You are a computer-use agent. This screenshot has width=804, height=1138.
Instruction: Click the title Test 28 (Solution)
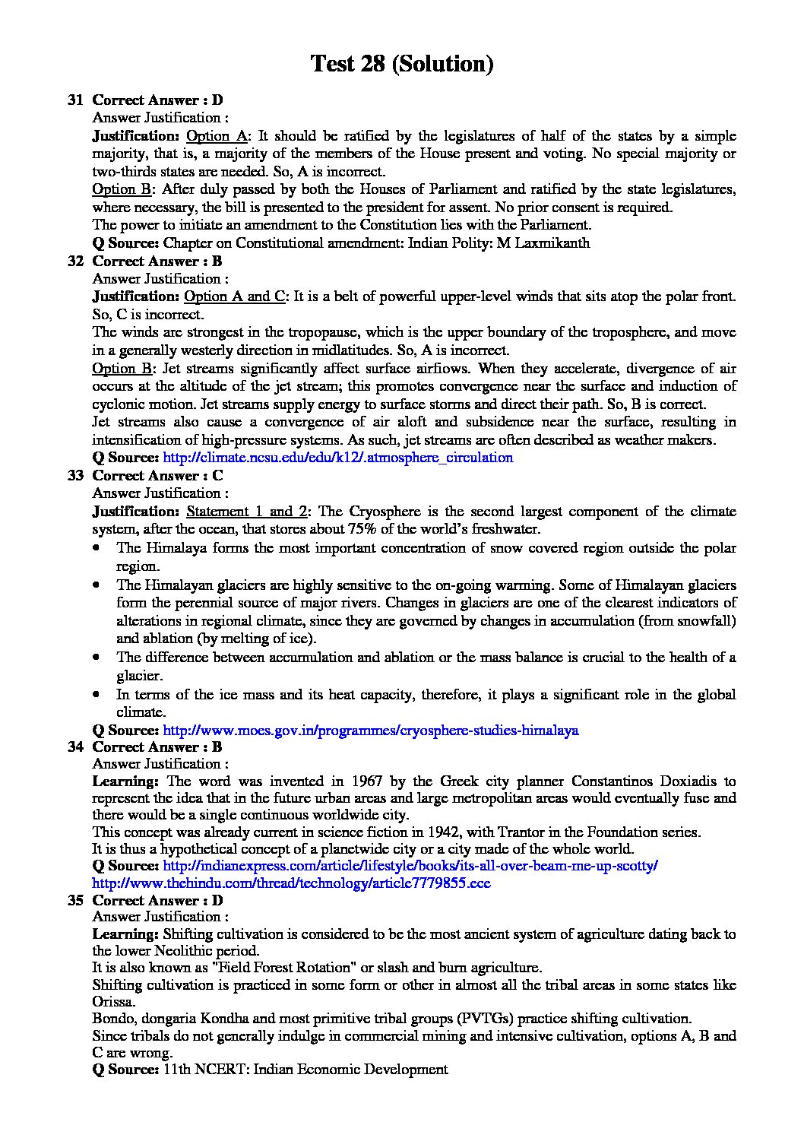pos(402,64)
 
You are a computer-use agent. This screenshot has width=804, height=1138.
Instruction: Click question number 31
pos(74,100)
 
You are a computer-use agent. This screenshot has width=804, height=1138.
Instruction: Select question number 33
pos(74,475)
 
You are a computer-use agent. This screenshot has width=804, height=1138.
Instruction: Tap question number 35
pos(74,900)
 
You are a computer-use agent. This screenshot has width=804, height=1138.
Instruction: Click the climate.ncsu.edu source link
pos(338,458)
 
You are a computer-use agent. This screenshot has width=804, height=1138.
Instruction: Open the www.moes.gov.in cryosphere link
pos(371,731)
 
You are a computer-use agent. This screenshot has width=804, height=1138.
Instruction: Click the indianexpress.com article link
pos(410,866)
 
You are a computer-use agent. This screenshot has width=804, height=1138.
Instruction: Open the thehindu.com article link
pos(291,883)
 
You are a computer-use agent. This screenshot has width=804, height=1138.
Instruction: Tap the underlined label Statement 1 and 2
pos(246,512)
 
